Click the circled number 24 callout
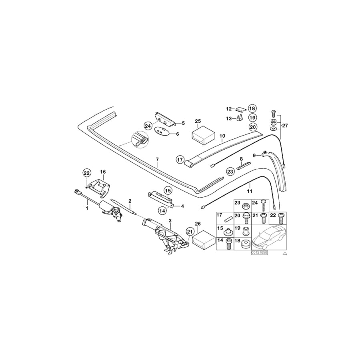(x=147, y=126)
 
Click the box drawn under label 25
(x=204, y=134)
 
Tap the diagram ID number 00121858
(x=259, y=253)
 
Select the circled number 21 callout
(x=190, y=231)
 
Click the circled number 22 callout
(x=87, y=173)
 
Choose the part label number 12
(x=229, y=108)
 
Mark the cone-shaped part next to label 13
(x=240, y=118)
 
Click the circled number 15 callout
(x=167, y=190)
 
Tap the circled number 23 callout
(x=230, y=171)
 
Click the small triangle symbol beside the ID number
(x=285, y=254)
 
